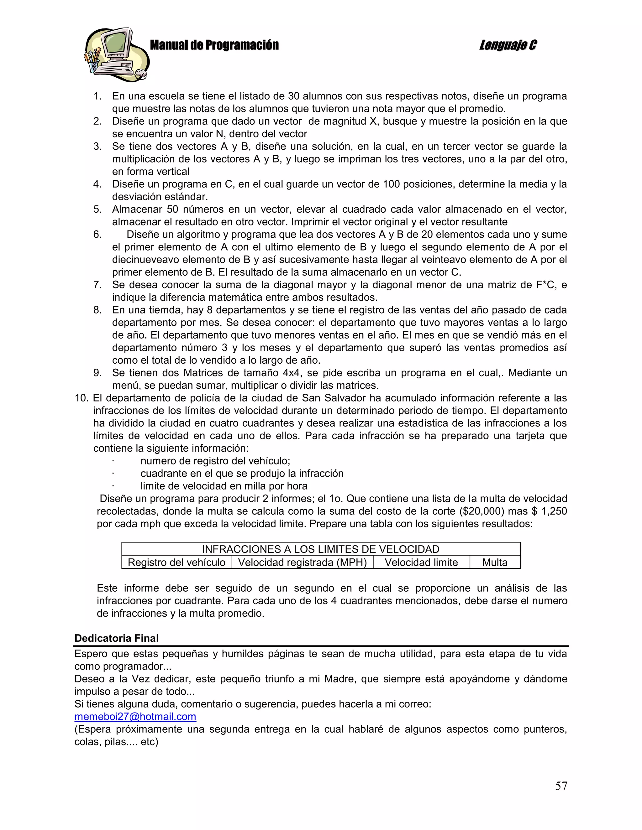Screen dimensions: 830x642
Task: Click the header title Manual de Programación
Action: click(214, 45)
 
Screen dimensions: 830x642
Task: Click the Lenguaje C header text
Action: click(508, 45)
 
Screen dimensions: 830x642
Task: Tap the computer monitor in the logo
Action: click(114, 44)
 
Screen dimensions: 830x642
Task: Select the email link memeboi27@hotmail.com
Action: click(135, 716)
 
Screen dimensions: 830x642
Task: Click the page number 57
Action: click(561, 786)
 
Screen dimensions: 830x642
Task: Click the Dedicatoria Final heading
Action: click(116, 638)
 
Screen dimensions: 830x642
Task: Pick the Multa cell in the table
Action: click(494, 562)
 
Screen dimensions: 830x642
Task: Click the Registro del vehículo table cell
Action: click(176, 562)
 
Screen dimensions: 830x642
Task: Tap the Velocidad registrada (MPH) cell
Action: click(303, 562)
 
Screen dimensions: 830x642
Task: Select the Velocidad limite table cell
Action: click(421, 562)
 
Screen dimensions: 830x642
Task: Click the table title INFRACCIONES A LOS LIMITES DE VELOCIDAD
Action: click(320, 549)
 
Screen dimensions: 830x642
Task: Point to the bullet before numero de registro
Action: click(113, 461)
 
